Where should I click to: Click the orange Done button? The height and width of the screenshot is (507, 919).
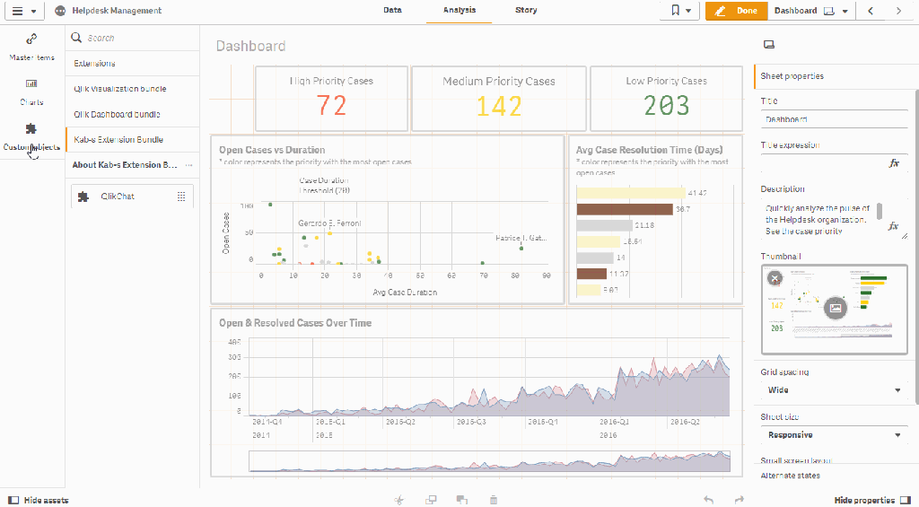[x=736, y=11]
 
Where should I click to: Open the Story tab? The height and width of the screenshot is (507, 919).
[x=526, y=11]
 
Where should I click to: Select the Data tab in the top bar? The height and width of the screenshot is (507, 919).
[x=392, y=11]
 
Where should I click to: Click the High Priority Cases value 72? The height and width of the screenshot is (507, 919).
[x=331, y=106]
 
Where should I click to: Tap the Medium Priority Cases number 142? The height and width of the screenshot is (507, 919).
[x=498, y=106]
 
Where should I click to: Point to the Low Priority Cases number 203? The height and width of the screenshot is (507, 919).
[x=666, y=106]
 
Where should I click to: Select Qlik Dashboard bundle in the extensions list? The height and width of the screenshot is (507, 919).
[x=117, y=115]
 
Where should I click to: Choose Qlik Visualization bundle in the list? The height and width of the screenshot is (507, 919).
[x=119, y=89]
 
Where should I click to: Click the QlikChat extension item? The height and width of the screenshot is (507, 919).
[x=118, y=197]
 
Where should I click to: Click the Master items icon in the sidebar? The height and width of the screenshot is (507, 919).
[x=31, y=39]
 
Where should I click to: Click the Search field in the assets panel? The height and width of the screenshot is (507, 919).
[x=135, y=39]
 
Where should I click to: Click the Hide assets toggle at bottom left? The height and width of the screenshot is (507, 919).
[x=39, y=500]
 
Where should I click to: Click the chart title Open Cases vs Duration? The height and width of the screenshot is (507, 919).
[x=272, y=150]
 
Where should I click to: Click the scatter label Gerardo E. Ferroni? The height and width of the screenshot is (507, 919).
[x=329, y=223]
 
